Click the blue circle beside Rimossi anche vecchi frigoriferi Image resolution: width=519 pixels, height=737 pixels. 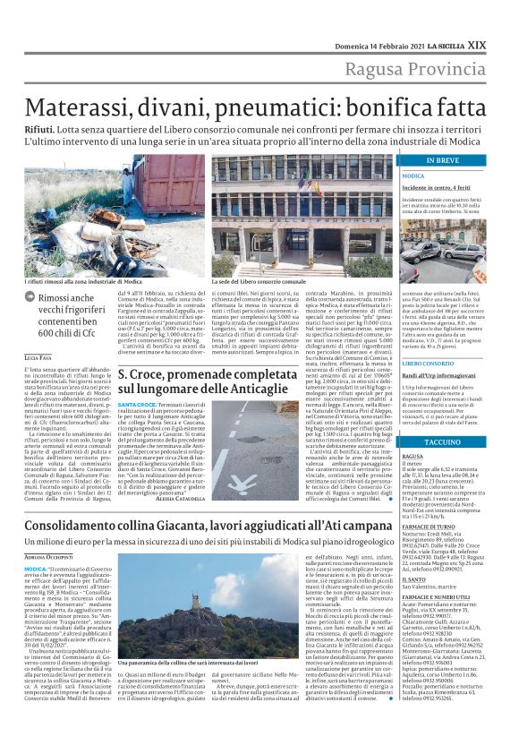[30, 300]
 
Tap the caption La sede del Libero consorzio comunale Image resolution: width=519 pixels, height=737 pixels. [258, 281]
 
